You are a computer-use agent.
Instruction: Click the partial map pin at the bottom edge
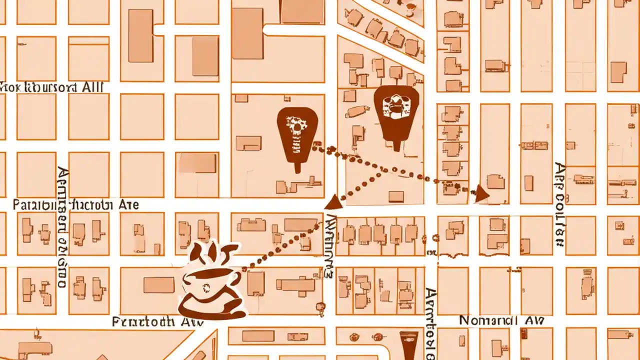point(409,345)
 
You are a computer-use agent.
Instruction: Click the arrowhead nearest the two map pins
point(334,202)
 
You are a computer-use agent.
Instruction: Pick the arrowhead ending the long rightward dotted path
point(481,194)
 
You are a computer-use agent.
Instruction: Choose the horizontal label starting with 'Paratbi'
point(75,204)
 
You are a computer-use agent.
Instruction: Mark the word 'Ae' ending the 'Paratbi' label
point(129,204)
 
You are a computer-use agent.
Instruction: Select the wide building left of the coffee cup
point(159,285)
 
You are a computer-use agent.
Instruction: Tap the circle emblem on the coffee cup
point(205,287)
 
